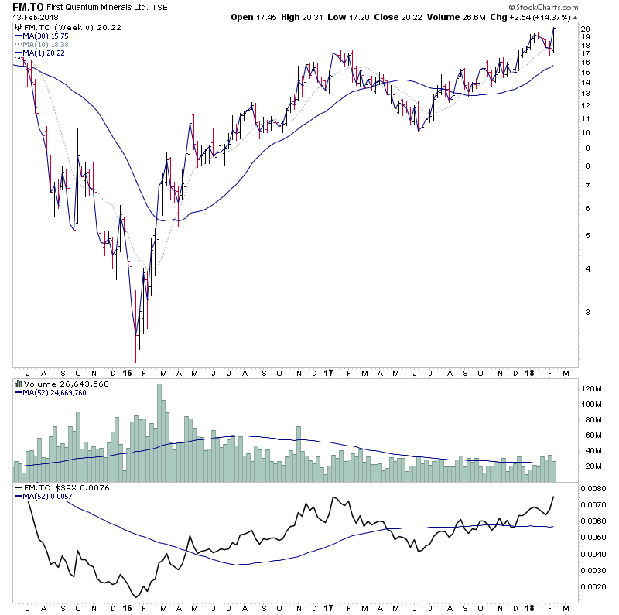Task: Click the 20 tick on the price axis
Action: (x=586, y=29)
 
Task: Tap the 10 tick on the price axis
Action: (x=586, y=133)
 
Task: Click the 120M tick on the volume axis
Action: (x=592, y=388)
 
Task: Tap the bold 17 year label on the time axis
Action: (x=329, y=372)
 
